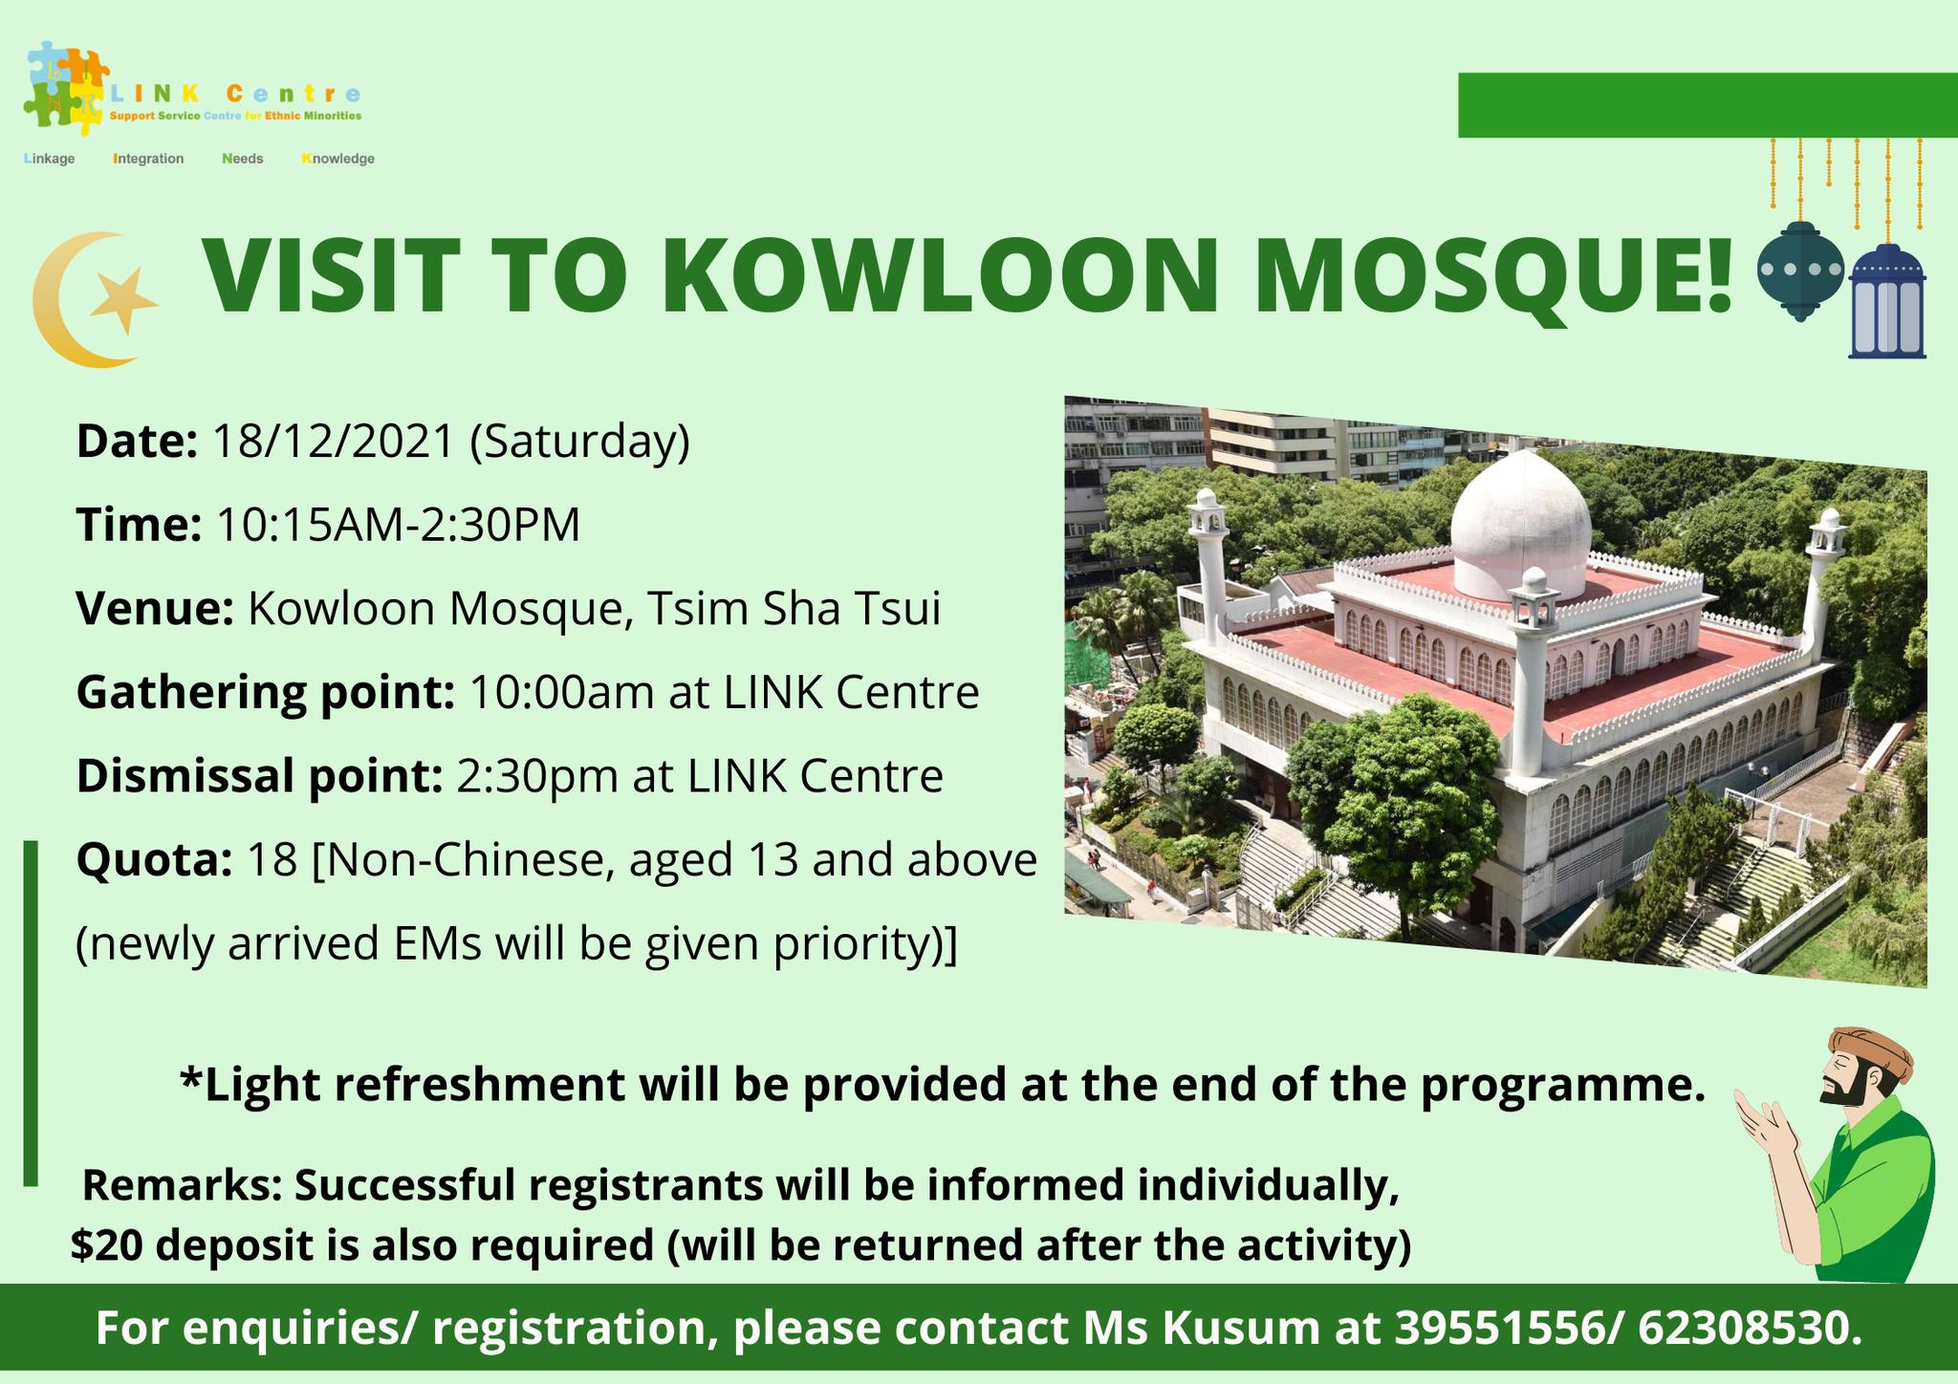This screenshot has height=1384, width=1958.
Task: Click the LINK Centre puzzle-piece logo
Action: [x=67, y=86]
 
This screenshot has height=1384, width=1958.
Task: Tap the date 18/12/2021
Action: [x=333, y=441]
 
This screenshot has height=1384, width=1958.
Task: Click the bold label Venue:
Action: [x=155, y=609]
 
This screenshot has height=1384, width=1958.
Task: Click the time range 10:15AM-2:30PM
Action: [x=399, y=525]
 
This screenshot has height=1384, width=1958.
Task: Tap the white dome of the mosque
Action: [x=1520, y=522]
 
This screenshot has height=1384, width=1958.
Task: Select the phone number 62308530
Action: [x=1750, y=1330]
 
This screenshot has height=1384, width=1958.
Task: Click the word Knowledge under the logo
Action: [x=338, y=159]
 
